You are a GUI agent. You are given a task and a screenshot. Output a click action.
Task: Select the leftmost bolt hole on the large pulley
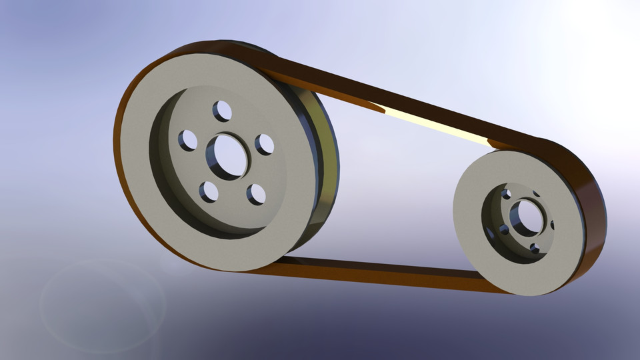tap(188, 140)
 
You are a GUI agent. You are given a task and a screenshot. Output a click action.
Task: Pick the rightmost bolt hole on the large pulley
tap(265, 144)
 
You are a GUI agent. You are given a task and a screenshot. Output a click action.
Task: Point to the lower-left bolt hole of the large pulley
tap(209, 192)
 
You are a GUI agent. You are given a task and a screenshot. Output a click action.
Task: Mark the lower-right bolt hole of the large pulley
tap(256, 194)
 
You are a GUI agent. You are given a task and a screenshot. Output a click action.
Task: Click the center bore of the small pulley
tap(525, 217)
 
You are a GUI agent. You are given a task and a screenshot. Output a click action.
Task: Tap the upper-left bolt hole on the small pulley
tap(506, 194)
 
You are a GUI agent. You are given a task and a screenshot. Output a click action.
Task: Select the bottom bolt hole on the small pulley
tap(535, 249)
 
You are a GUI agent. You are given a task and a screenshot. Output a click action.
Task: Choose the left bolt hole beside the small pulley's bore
tap(504, 230)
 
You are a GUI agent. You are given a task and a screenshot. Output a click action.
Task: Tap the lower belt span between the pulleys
tap(373, 272)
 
